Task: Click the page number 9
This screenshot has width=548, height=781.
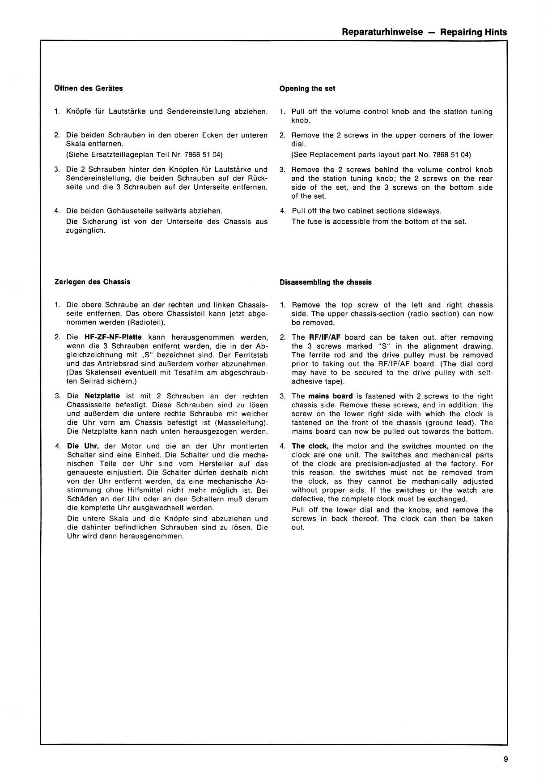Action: [505, 759]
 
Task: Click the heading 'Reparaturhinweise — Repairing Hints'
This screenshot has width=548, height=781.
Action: [424, 32]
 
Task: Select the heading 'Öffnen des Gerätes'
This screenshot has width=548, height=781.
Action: [89, 88]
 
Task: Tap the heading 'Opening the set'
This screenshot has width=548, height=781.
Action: [307, 89]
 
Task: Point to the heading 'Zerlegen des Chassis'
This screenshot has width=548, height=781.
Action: [92, 282]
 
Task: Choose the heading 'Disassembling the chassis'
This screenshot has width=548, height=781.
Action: [325, 282]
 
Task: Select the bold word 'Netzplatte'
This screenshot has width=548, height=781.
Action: [102, 396]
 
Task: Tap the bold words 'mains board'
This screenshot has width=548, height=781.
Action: [330, 396]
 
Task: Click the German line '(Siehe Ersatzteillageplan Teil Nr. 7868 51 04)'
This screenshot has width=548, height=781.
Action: [144, 155]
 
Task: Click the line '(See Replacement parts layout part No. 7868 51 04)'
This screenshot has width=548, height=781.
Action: [381, 155]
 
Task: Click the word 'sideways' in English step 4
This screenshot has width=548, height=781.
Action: [426, 211]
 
